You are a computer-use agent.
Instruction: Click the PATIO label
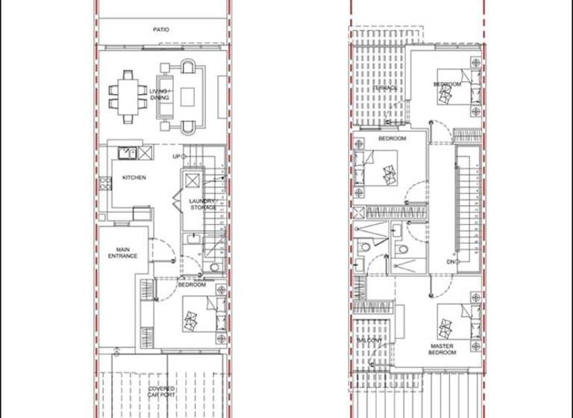tap(161, 30)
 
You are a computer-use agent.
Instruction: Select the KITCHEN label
tap(134, 178)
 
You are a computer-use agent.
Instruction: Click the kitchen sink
tap(129, 152)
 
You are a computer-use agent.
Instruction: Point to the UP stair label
tap(176, 156)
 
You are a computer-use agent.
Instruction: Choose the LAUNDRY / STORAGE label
tap(202, 204)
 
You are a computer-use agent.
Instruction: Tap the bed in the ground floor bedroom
tap(200, 314)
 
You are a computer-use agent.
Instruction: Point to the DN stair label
tap(452, 262)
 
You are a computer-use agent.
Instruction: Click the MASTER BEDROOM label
tap(442, 349)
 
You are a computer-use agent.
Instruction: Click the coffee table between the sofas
tap(187, 96)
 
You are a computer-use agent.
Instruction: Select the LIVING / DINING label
tap(159, 94)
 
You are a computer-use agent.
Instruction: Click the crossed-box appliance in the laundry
tap(191, 181)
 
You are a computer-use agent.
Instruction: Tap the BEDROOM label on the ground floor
tap(192, 285)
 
